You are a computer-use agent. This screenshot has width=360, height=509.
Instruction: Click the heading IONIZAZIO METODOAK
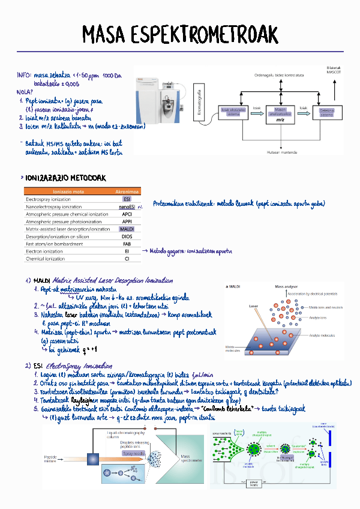click(64, 178)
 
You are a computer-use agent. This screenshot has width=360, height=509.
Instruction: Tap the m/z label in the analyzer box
click(280, 119)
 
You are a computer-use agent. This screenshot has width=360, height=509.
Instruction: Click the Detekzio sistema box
click(327, 112)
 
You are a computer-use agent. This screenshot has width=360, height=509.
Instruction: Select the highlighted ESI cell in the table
click(127, 199)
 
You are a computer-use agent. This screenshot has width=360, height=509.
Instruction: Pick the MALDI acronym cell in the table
click(127, 229)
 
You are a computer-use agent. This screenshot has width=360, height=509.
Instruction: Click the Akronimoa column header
click(127, 191)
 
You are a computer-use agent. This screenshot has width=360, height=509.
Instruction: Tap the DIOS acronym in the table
click(127, 236)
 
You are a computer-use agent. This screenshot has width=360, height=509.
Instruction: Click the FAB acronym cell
click(127, 244)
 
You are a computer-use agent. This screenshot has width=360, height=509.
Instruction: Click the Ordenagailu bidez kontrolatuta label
click(279, 75)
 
